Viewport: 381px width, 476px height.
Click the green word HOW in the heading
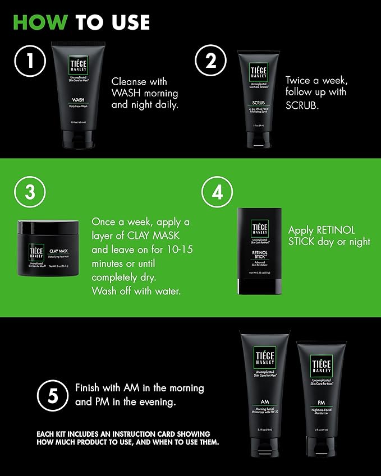tap(40, 22)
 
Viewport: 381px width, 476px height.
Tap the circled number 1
tap(29, 63)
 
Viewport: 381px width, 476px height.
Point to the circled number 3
tap(30, 192)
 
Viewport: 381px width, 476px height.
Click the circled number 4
tap(217, 192)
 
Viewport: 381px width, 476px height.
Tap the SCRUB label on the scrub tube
tap(259, 103)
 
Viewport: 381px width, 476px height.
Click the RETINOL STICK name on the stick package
tap(259, 255)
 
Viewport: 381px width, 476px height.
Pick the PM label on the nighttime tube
tap(322, 403)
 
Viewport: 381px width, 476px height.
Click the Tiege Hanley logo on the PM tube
tap(322, 366)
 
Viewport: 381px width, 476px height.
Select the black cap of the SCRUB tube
tap(259, 140)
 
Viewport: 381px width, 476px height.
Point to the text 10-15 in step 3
tap(179, 249)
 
